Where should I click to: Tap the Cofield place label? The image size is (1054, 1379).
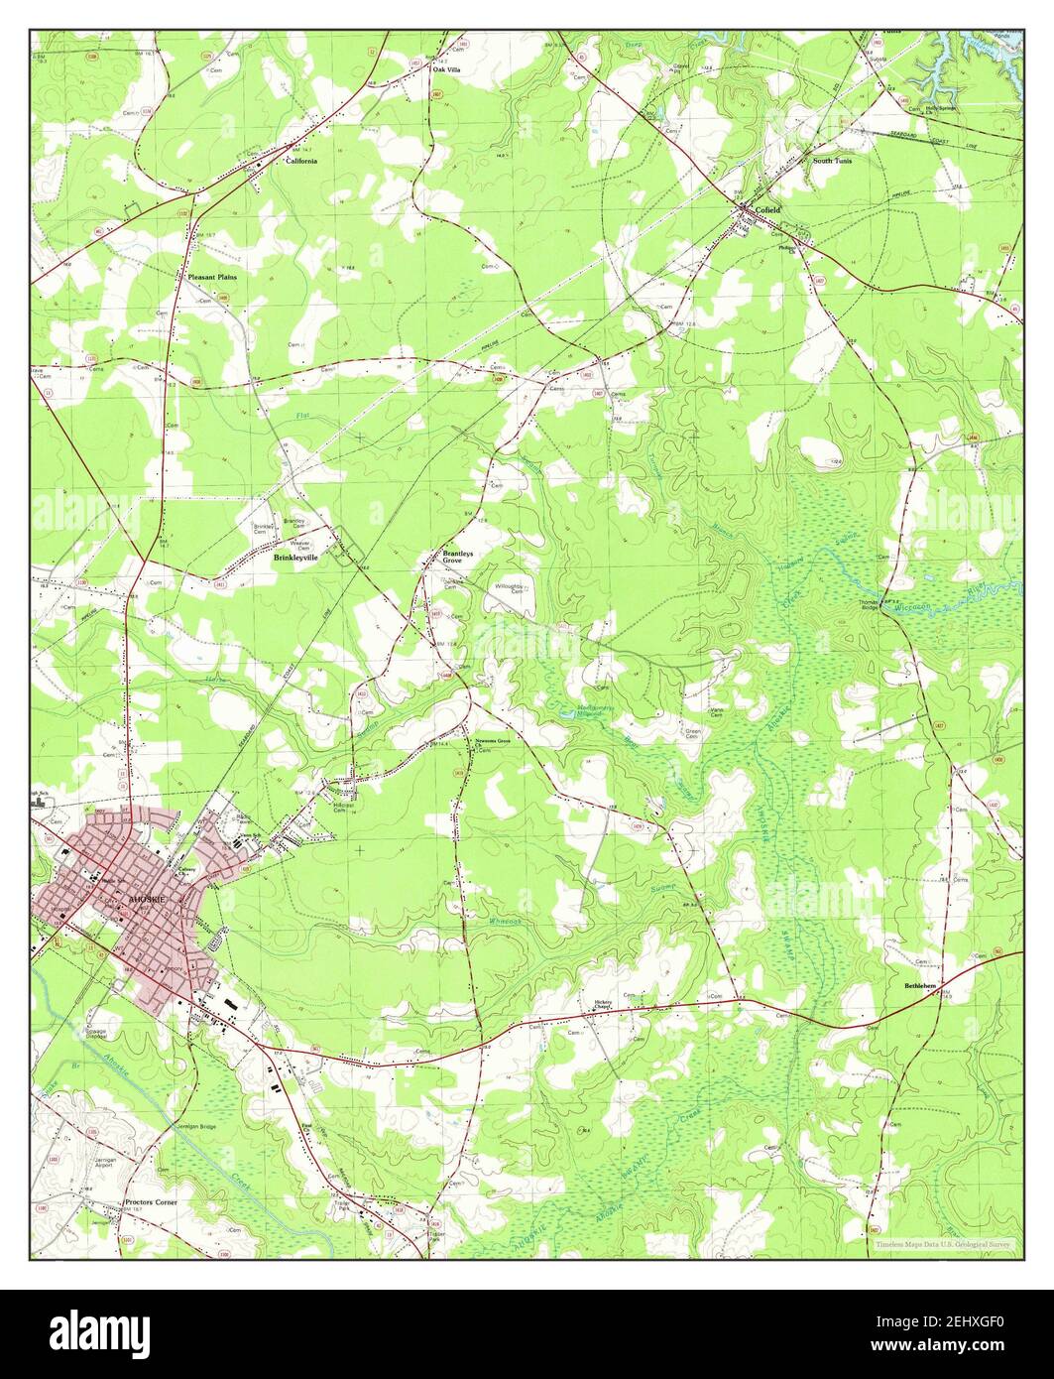pyautogui.click(x=768, y=210)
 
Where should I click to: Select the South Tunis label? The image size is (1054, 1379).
pyautogui.click(x=832, y=160)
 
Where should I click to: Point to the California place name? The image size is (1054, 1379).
pyautogui.click(x=301, y=161)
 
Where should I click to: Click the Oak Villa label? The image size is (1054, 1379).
pyautogui.click(x=446, y=70)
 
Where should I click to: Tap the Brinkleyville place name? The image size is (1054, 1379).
pyautogui.click(x=295, y=558)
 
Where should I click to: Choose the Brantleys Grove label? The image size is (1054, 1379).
pyautogui.click(x=458, y=557)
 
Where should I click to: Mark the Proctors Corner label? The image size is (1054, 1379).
pyautogui.click(x=152, y=1201)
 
